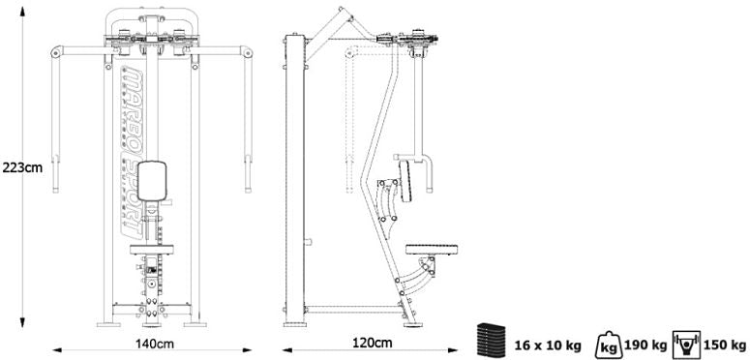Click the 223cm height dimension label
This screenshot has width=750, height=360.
coord(22,167)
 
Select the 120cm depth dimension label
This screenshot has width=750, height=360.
coord(373,343)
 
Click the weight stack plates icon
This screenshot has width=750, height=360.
coord(491,340)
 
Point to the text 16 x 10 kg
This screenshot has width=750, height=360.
coord(548,345)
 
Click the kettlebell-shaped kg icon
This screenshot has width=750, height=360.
coord(609,345)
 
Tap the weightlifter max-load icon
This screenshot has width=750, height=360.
coord(686,345)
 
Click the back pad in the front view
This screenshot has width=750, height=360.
coord(152,181)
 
